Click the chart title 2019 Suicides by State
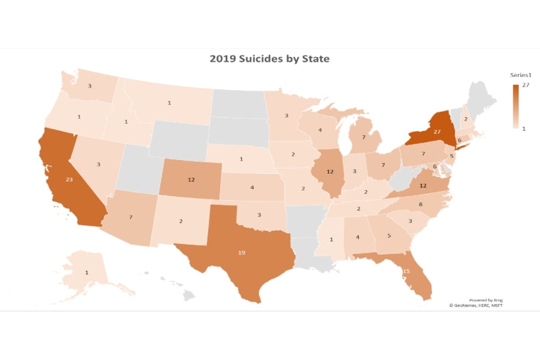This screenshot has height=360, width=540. pos(270,59)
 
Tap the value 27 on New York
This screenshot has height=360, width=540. pos(436,132)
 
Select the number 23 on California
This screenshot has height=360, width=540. pos(69,180)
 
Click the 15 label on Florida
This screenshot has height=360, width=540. pos(406,271)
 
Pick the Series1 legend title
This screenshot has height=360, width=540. pos(520,75)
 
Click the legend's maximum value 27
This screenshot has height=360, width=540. pos(526,86)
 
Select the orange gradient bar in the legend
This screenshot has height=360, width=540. pos(515,107)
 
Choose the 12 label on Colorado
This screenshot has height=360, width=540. pos(191,180)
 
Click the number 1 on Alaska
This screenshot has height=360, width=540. pos(87,272)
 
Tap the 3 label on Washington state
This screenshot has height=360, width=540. pos(89,86)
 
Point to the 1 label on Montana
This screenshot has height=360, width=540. pos(169,103)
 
